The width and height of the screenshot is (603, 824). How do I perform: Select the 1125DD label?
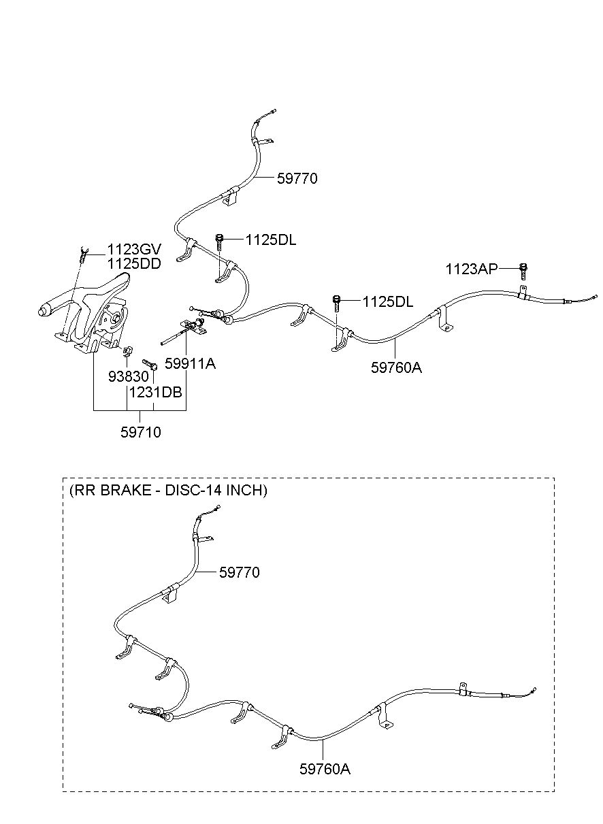click(133, 264)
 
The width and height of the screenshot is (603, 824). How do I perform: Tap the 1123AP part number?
click(472, 269)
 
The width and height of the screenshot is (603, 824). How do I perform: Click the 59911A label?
click(190, 363)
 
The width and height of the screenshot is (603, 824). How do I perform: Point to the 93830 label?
click(126, 376)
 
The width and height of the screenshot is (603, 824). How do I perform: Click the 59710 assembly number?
click(140, 432)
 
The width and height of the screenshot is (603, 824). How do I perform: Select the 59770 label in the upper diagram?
click(297, 179)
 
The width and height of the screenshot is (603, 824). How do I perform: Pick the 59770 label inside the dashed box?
click(239, 573)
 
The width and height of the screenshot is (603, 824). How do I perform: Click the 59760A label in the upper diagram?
click(396, 367)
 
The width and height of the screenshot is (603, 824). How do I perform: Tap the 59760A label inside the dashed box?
click(325, 769)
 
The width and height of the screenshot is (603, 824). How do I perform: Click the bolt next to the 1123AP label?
click(523, 270)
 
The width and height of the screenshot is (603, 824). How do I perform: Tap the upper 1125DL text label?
click(271, 240)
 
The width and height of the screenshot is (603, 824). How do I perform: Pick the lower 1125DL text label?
click(387, 301)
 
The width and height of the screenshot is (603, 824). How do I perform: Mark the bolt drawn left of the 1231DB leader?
click(149, 365)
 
